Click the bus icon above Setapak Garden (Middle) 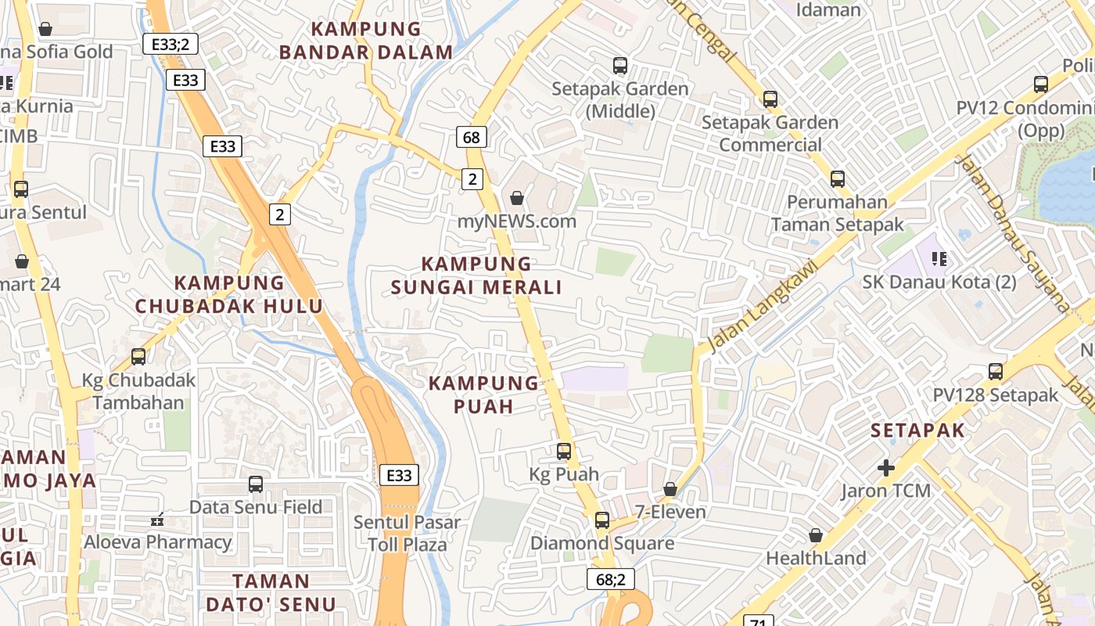pyautogui.click(x=620, y=66)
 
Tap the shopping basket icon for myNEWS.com pyautogui.click(x=516, y=198)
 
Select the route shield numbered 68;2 pyautogui.click(x=610, y=579)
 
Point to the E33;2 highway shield pyautogui.click(x=171, y=44)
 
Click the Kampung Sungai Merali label pyautogui.click(x=476, y=275)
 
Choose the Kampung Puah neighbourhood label pyautogui.click(x=484, y=394)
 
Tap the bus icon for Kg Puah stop pyautogui.click(x=564, y=452)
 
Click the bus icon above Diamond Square pyautogui.click(x=601, y=520)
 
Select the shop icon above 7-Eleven pyautogui.click(x=670, y=489)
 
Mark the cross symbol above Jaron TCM pyautogui.click(x=886, y=468)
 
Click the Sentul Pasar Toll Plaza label pyautogui.click(x=407, y=533)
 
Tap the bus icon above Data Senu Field pyautogui.click(x=256, y=484)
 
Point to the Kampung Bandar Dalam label pyautogui.click(x=366, y=41)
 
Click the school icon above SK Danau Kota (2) pyautogui.click(x=939, y=258)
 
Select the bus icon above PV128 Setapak pyautogui.click(x=996, y=372)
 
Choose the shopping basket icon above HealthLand pyautogui.click(x=816, y=535)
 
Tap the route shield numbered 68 pyautogui.click(x=472, y=138)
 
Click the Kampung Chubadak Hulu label pyautogui.click(x=228, y=294)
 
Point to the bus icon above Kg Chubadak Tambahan pyautogui.click(x=138, y=357)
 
